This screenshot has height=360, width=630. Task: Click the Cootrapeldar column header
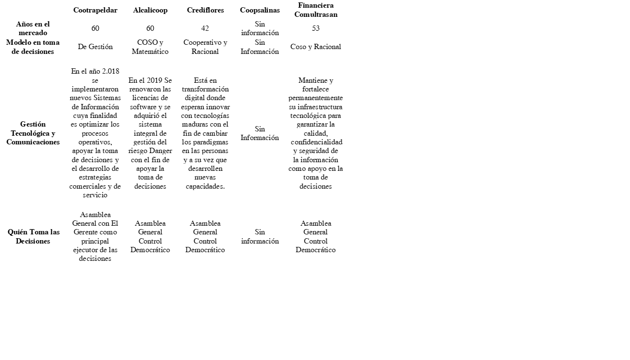coord(95,10)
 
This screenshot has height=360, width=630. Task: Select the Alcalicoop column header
coord(150,10)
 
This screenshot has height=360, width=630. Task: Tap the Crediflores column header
coord(205,10)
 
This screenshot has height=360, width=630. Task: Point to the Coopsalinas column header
coord(260,10)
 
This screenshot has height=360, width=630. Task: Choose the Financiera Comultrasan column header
coord(315,10)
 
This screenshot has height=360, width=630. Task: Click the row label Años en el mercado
coord(33,28)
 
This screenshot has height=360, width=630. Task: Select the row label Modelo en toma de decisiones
coord(33,47)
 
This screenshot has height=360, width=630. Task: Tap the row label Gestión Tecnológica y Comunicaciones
coord(33,133)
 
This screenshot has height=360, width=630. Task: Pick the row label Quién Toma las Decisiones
coord(33,236)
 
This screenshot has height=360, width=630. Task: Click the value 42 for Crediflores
coord(205,28)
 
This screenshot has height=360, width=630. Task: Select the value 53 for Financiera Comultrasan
coord(315,28)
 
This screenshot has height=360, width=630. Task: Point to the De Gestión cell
coord(95,47)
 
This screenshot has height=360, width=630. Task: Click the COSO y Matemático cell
coord(150,47)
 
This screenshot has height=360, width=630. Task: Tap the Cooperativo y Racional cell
coord(205,47)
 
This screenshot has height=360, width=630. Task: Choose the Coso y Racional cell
coord(315,47)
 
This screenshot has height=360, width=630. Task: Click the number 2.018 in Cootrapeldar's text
coord(111,71)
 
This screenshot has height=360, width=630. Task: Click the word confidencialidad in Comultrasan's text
coord(316,142)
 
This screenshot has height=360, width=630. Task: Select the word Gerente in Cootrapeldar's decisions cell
coord(86,232)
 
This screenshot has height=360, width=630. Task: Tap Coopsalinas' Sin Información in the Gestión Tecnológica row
coord(260,133)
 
